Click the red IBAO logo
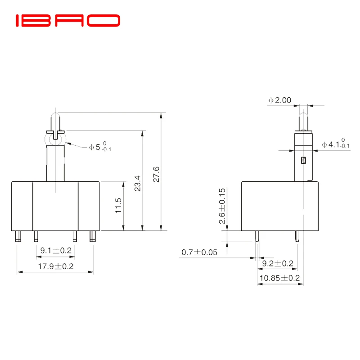pyautogui.click(x=67, y=21)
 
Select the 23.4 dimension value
pyautogui.click(x=138, y=184)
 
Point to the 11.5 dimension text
pyautogui.click(x=118, y=205)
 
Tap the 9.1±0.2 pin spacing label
pyautogui.click(x=55, y=250)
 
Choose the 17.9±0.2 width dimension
pyautogui.click(x=55, y=266)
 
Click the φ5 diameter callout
pyautogui.click(x=99, y=147)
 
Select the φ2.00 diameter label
pyautogui.click(x=279, y=100)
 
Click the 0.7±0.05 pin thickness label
pyautogui.click(x=199, y=252)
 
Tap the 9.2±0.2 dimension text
pyautogui.click(x=278, y=263)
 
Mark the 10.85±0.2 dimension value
pyautogui.click(x=279, y=278)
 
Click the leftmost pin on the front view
pyautogui.click(x=18, y=236)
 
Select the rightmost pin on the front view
pyautogui.click(x=93, y=236)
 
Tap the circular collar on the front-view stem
pyautogui.click(x=55, y=137)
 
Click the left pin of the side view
pyautogui.click(x=257, y=236)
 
